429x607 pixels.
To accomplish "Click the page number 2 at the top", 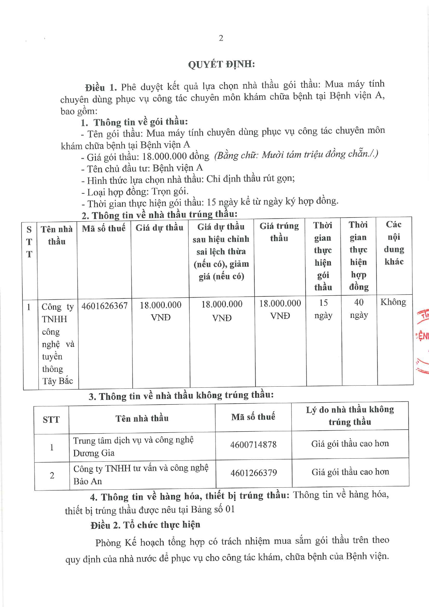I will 221,38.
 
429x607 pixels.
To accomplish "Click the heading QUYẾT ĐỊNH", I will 221,64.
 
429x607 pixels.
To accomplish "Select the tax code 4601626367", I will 104,306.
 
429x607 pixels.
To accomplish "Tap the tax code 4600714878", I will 253,444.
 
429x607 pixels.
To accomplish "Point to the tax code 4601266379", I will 254,473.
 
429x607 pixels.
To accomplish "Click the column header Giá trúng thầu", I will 279,232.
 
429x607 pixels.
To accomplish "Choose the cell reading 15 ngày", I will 323,309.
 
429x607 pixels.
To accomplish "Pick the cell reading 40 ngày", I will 359,309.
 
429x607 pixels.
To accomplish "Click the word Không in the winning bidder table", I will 393,302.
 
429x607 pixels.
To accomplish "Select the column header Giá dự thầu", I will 159,228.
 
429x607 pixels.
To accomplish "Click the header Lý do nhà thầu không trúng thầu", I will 350,416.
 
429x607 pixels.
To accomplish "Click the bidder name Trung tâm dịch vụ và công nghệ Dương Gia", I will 133,447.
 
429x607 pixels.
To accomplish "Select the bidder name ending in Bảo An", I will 141,475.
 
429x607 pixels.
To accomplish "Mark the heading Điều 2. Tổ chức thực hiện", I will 145,525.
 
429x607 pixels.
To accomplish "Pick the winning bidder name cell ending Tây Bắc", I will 57,343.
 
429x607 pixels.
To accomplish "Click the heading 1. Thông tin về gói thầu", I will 134,122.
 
